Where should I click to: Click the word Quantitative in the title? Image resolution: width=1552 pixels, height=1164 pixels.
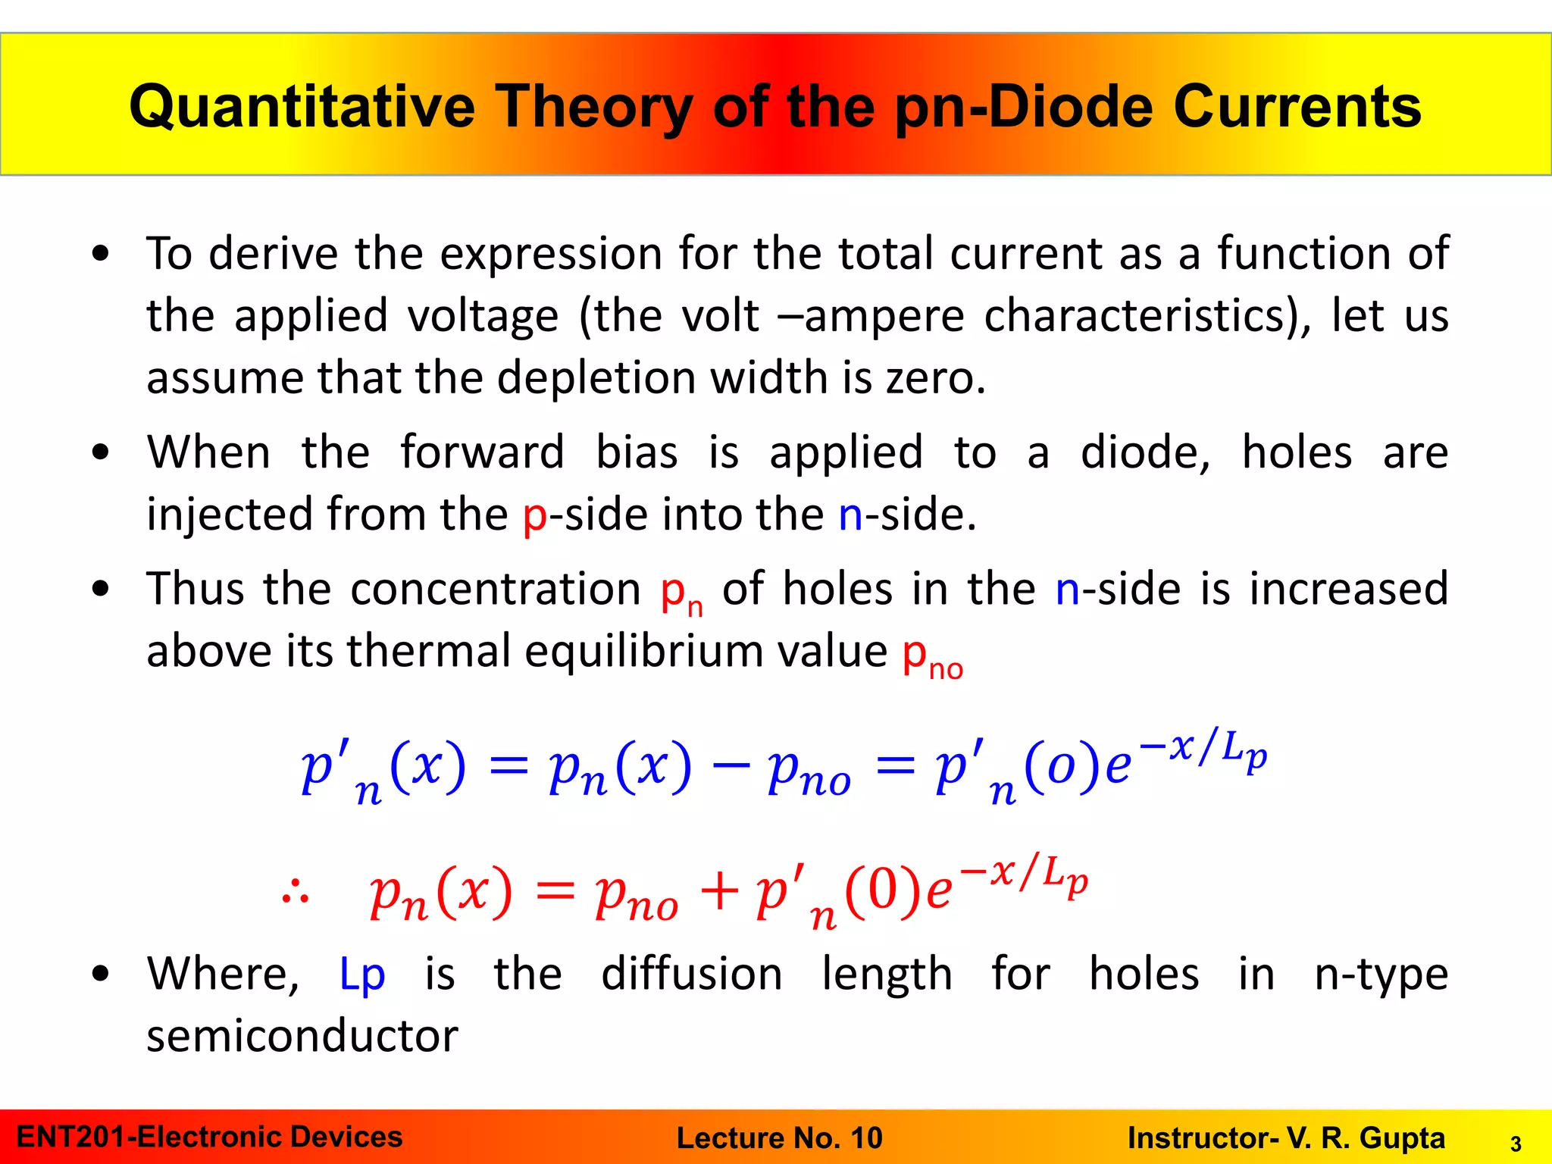tap(302, 106)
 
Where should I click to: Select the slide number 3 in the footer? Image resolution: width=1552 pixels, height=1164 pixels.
tap(1516, 1144)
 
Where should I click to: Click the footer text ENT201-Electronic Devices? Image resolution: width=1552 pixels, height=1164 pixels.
tap(209, 1137)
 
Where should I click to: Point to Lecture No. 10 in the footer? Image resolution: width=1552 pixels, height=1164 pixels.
tap(779, 1137)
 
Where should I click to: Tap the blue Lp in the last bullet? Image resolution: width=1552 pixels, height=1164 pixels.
tap(361, 974)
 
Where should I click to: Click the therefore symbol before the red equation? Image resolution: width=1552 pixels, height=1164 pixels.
tap(295, 893)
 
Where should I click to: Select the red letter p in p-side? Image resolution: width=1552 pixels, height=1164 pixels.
tap(535, 515)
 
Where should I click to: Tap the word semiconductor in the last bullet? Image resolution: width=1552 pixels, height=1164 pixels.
tap(302, 1036)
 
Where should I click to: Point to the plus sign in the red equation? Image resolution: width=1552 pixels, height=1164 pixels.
tap(718, 891)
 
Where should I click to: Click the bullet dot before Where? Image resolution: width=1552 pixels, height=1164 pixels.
tap(100, 974)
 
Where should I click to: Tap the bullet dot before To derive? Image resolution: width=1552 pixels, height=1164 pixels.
tap(100, 254)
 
